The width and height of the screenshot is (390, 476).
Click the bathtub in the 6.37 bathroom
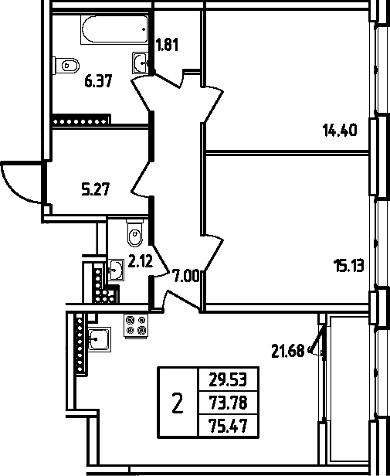[x=114, y=29]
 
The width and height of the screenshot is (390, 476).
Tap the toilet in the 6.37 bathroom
[x=66, y=65]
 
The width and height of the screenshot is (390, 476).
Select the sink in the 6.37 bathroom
[x=141, y=63]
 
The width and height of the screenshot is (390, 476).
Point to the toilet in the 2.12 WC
[x=134, y=233]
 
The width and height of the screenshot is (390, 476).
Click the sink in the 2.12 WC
[x=116, y=270]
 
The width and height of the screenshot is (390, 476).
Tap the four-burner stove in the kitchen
[x=136, y=325]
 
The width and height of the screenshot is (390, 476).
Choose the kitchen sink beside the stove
[x=100, y=339]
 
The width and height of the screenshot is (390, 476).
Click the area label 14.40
[x=340, y=131]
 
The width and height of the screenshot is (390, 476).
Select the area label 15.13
[x=348, y=266]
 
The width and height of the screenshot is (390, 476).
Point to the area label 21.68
[x=287, y=352]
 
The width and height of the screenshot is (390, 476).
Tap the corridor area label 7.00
[x=185, y=277]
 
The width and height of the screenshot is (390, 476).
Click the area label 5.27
[x=95, y=189]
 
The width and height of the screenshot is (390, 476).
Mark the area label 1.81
[x=167, y=44]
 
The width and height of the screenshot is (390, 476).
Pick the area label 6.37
[x=98, y=81]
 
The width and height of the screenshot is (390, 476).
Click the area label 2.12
[x=141, y=261]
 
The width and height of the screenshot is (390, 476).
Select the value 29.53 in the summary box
[x=228, y=379]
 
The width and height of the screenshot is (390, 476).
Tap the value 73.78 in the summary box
[x=228, y=403]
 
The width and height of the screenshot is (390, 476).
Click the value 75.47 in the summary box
[x=228, y=426]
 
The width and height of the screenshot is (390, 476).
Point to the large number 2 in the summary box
[x=178, y=403]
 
